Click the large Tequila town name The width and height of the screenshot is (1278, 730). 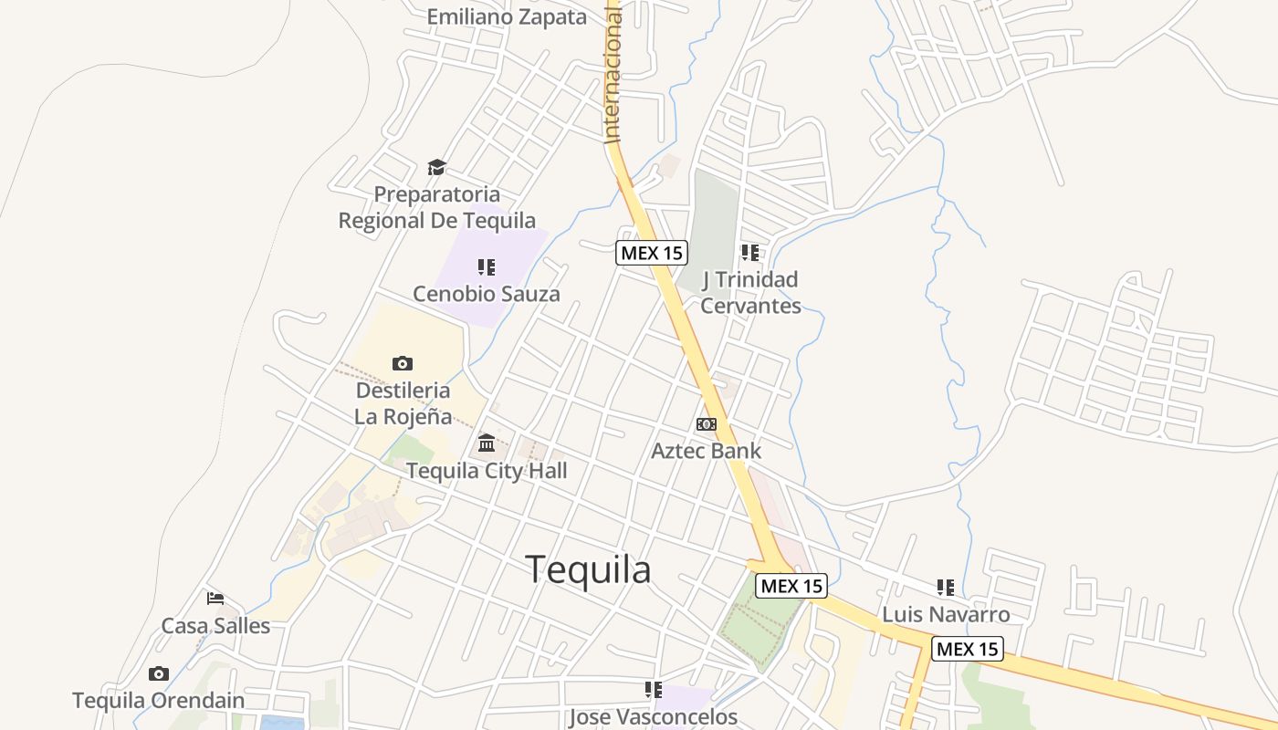pos(588,569)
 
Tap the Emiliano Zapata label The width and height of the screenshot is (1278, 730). pos(507,16)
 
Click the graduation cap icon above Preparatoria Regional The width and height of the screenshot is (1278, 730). pos(437,167)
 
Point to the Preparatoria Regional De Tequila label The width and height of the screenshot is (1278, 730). pos(437,207)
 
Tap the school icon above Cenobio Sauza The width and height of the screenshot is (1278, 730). pos(487,267)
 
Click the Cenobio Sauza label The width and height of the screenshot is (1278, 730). pos(487,294)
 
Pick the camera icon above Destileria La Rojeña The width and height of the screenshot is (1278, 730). pos(403,363)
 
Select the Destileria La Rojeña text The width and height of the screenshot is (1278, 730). pos(403,403)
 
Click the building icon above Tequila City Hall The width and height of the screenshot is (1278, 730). pos(487,443)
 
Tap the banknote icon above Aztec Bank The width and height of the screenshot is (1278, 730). pos(706,424)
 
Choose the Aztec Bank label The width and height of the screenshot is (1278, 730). pos(706,450)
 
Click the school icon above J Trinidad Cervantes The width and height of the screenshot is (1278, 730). pos(750,252)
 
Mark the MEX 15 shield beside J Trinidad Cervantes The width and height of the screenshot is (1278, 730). pos(652,253)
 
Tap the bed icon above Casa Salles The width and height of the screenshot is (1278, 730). pos(215,599)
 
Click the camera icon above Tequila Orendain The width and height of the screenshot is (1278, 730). pos(159,674)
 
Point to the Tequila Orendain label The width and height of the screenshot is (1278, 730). pos(159,701)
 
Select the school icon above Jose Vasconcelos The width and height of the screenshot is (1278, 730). pos(654,690)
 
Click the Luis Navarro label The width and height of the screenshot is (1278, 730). pos(946,614)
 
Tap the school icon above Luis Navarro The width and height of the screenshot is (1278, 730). pos(946,588)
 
